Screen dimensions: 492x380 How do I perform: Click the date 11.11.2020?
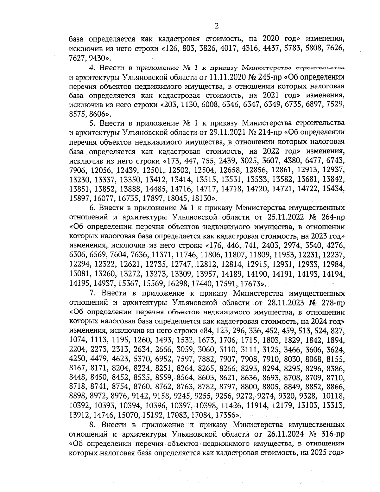(225, 77)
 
